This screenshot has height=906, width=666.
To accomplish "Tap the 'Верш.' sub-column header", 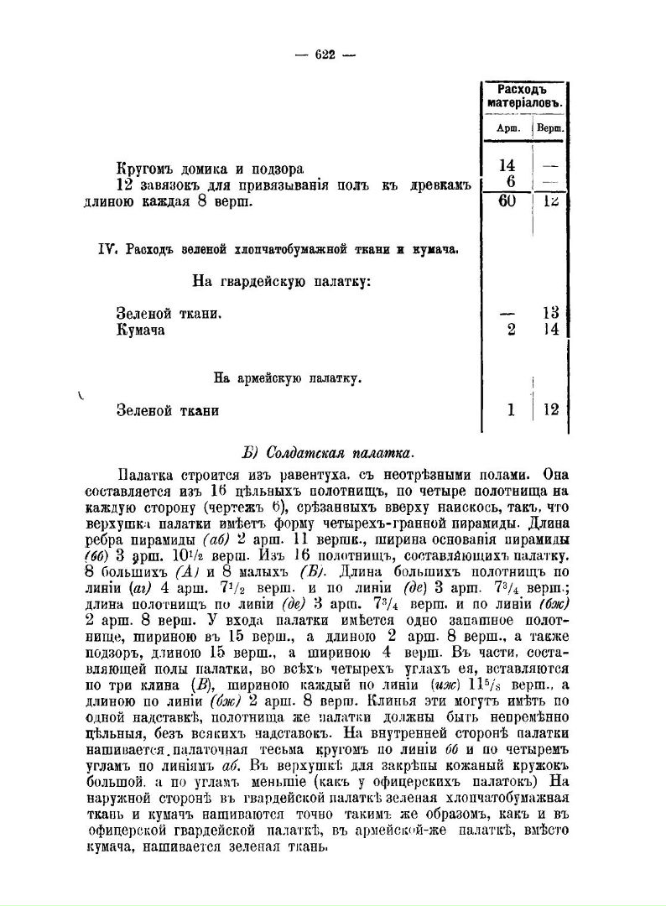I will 549,128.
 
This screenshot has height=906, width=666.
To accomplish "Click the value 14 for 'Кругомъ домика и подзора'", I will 507,167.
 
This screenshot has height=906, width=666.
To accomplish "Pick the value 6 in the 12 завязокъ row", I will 509,183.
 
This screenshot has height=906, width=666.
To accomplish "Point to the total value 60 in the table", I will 506,202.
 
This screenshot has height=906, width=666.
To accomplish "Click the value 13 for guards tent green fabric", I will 550,313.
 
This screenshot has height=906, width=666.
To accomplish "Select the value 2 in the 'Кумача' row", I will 510,329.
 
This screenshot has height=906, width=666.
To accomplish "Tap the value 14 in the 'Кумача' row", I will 550,329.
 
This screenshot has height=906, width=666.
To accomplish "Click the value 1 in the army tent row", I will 510,410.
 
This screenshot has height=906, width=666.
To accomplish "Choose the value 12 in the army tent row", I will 550,410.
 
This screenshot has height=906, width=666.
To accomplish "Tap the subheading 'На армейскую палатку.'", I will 287,378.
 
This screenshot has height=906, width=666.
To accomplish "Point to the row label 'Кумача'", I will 141,330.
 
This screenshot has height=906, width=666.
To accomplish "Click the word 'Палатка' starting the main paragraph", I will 146,476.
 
